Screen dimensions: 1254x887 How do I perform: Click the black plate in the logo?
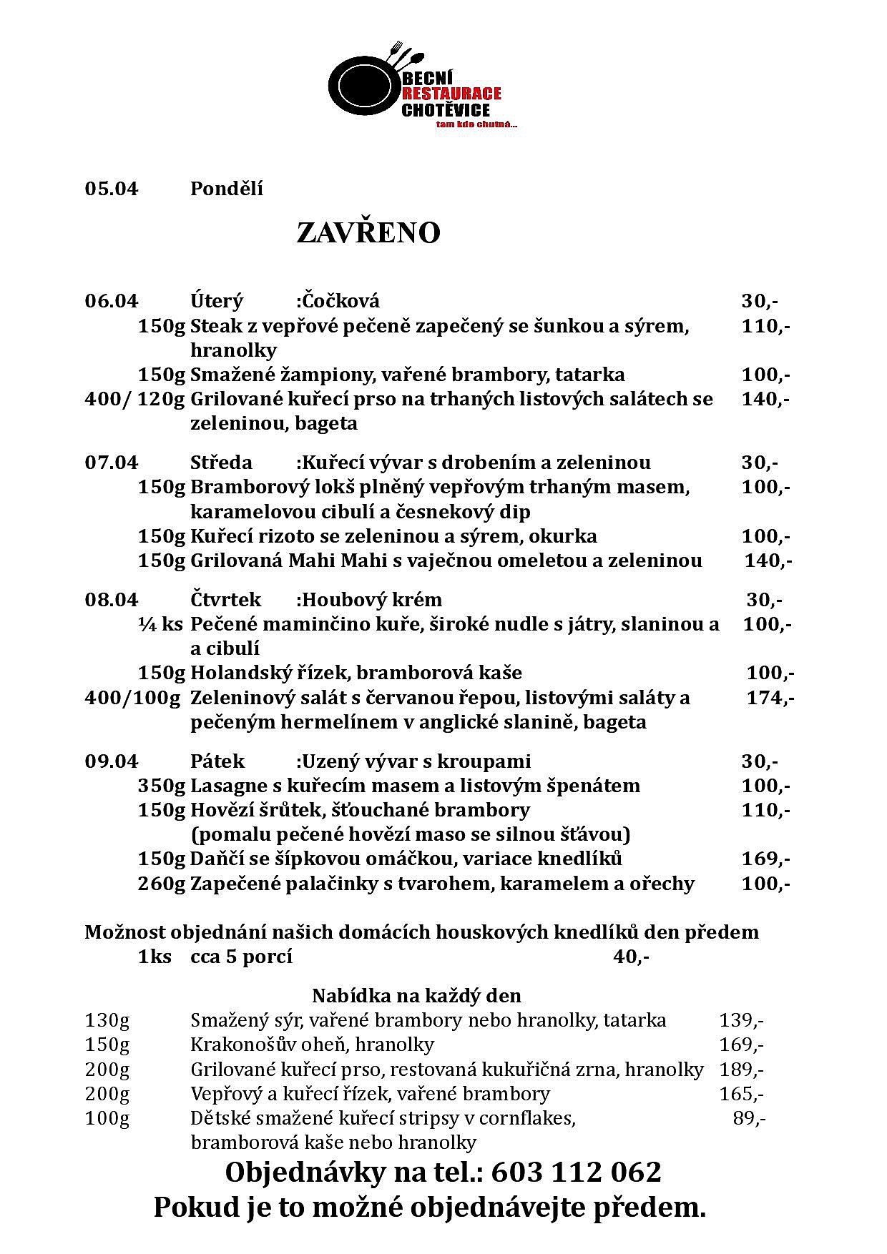click(363, 88)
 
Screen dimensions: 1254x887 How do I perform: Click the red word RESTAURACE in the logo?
click(451, 94)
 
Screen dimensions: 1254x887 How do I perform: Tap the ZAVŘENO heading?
click(368, 233)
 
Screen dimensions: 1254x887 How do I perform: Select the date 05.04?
click(112, 189)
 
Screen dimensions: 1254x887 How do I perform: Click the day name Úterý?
click(217, 301)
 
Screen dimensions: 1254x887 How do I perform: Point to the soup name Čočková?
click(340, 301)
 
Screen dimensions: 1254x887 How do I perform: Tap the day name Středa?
click(221, 463)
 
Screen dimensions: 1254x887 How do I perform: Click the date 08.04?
click(112, 599)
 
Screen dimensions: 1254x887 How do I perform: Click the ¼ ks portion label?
click(161, 624)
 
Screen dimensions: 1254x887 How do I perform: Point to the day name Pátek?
click(217, 761)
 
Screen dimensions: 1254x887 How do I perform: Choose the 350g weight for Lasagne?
click(161, 786)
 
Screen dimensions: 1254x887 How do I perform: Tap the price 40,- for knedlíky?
click(631, 957)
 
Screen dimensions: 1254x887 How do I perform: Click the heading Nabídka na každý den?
click(416, 995)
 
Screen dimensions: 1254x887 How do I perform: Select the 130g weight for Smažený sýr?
click(107, 1020)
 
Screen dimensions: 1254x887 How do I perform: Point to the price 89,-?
click(749, 1118)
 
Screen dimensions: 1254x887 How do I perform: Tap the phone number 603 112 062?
click(576, 1173)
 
